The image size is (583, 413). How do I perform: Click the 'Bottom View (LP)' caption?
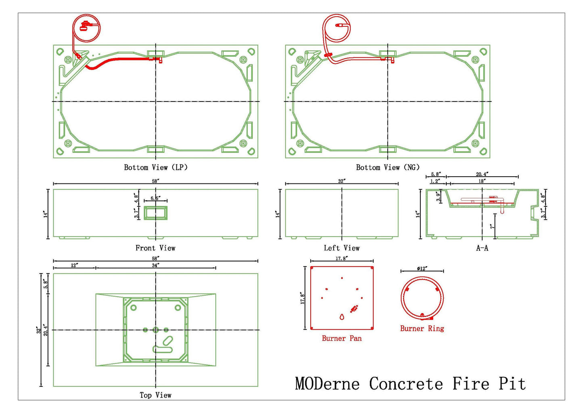pyautogui.click(x=156, y=167)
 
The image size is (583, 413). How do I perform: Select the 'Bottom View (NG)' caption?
pyautogui.click(x=388, y=167)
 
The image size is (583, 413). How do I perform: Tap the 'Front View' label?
pyautogui.click(x=155, y=248)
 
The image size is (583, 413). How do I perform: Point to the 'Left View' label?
pyautogui.click(x=342, y=248)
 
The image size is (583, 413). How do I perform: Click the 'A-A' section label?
pyautogui.click(x=482, y=248)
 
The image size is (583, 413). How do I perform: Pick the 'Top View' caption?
pyautogui.click(x=156, y=395)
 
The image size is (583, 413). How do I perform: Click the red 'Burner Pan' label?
pyautogui.click(x=342, y=338)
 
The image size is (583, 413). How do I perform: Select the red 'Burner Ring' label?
pyautogui.click(x=422, y=329)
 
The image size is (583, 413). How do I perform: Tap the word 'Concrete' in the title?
pyautogui.click(x=406, y=383)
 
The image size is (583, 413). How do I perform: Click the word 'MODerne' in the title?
pyautogui.click(x=327, y=383)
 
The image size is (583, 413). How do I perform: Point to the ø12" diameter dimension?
pyautogui.click(x=422, y=269)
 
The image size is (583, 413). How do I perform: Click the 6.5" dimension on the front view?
pyautogui.click(x=155, y=198)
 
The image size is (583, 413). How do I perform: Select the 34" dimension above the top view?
pyautogui.click(x=155, y=265)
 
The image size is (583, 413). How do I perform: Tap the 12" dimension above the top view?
pyautogui.click(x=74, y=265)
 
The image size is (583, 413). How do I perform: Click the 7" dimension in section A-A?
pyautogui.click(x=492, y=226)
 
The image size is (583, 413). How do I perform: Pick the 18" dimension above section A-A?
pyautogui.click(x=482, y=181)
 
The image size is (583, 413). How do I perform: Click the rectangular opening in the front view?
pyautogui.click(x=156, y=213)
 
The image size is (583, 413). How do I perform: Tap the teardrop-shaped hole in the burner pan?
pyautogui.click(x=342, y=317)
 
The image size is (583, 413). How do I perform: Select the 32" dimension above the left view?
pyautogui.click(x=342, y=181)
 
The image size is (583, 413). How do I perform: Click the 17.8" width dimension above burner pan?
pyautogui.click(x=342, y=258)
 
